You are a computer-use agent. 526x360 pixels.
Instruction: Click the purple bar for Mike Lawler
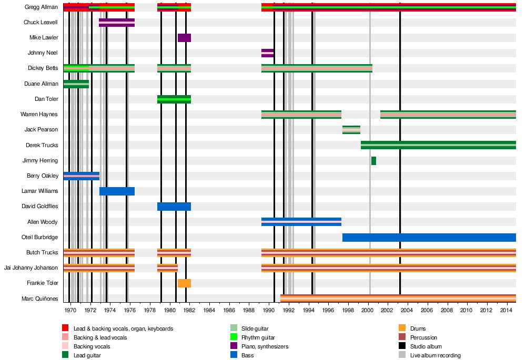click(x=184, y=38)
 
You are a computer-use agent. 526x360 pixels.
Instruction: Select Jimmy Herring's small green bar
click(x=373, y=161)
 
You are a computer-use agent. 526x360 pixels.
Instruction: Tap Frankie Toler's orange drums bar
click(x=184, y=283)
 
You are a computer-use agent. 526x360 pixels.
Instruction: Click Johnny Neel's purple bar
click(x=268, y=53)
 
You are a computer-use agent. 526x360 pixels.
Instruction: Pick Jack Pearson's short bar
click(x=351, y=130)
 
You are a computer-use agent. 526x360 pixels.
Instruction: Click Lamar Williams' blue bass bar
click(x=117, y=191)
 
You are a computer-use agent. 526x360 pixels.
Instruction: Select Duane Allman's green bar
click(x=76, y=84)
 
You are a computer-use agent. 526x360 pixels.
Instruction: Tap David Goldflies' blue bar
click(x=174, y=207)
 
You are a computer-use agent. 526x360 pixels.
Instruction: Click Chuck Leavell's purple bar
click(x=117, y=23)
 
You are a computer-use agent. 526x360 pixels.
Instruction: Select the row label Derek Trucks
click(x=42, y=145)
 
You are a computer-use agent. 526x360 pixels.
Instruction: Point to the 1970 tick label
click(x=70, y=311)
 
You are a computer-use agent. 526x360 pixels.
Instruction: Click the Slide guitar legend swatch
click(x=234, y=328)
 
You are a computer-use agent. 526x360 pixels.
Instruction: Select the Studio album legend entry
click(x=427, y=346)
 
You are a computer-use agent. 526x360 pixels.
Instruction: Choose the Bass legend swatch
click(x=234, y=355)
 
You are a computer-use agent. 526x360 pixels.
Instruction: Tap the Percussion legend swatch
click(x=402, y=337)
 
